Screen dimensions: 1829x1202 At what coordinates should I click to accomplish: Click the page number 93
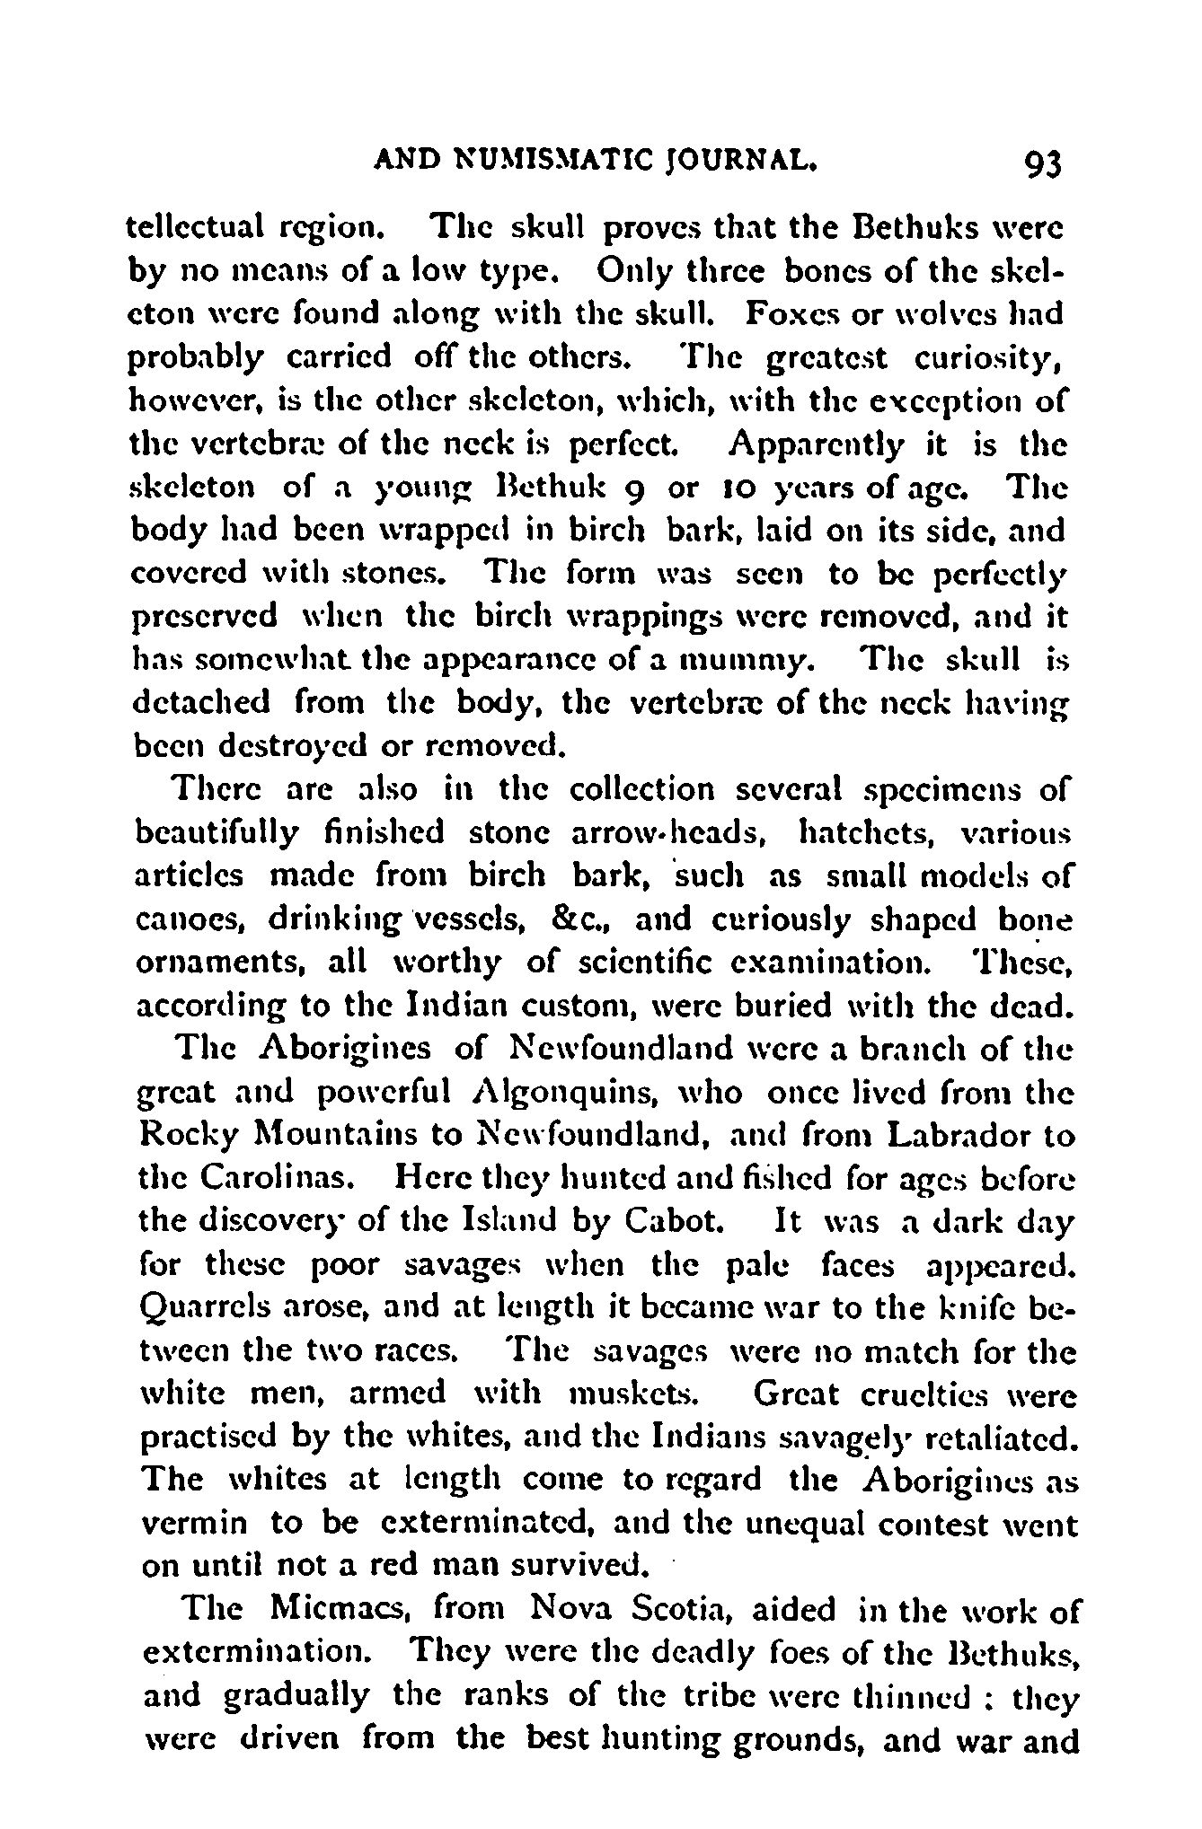1041,165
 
